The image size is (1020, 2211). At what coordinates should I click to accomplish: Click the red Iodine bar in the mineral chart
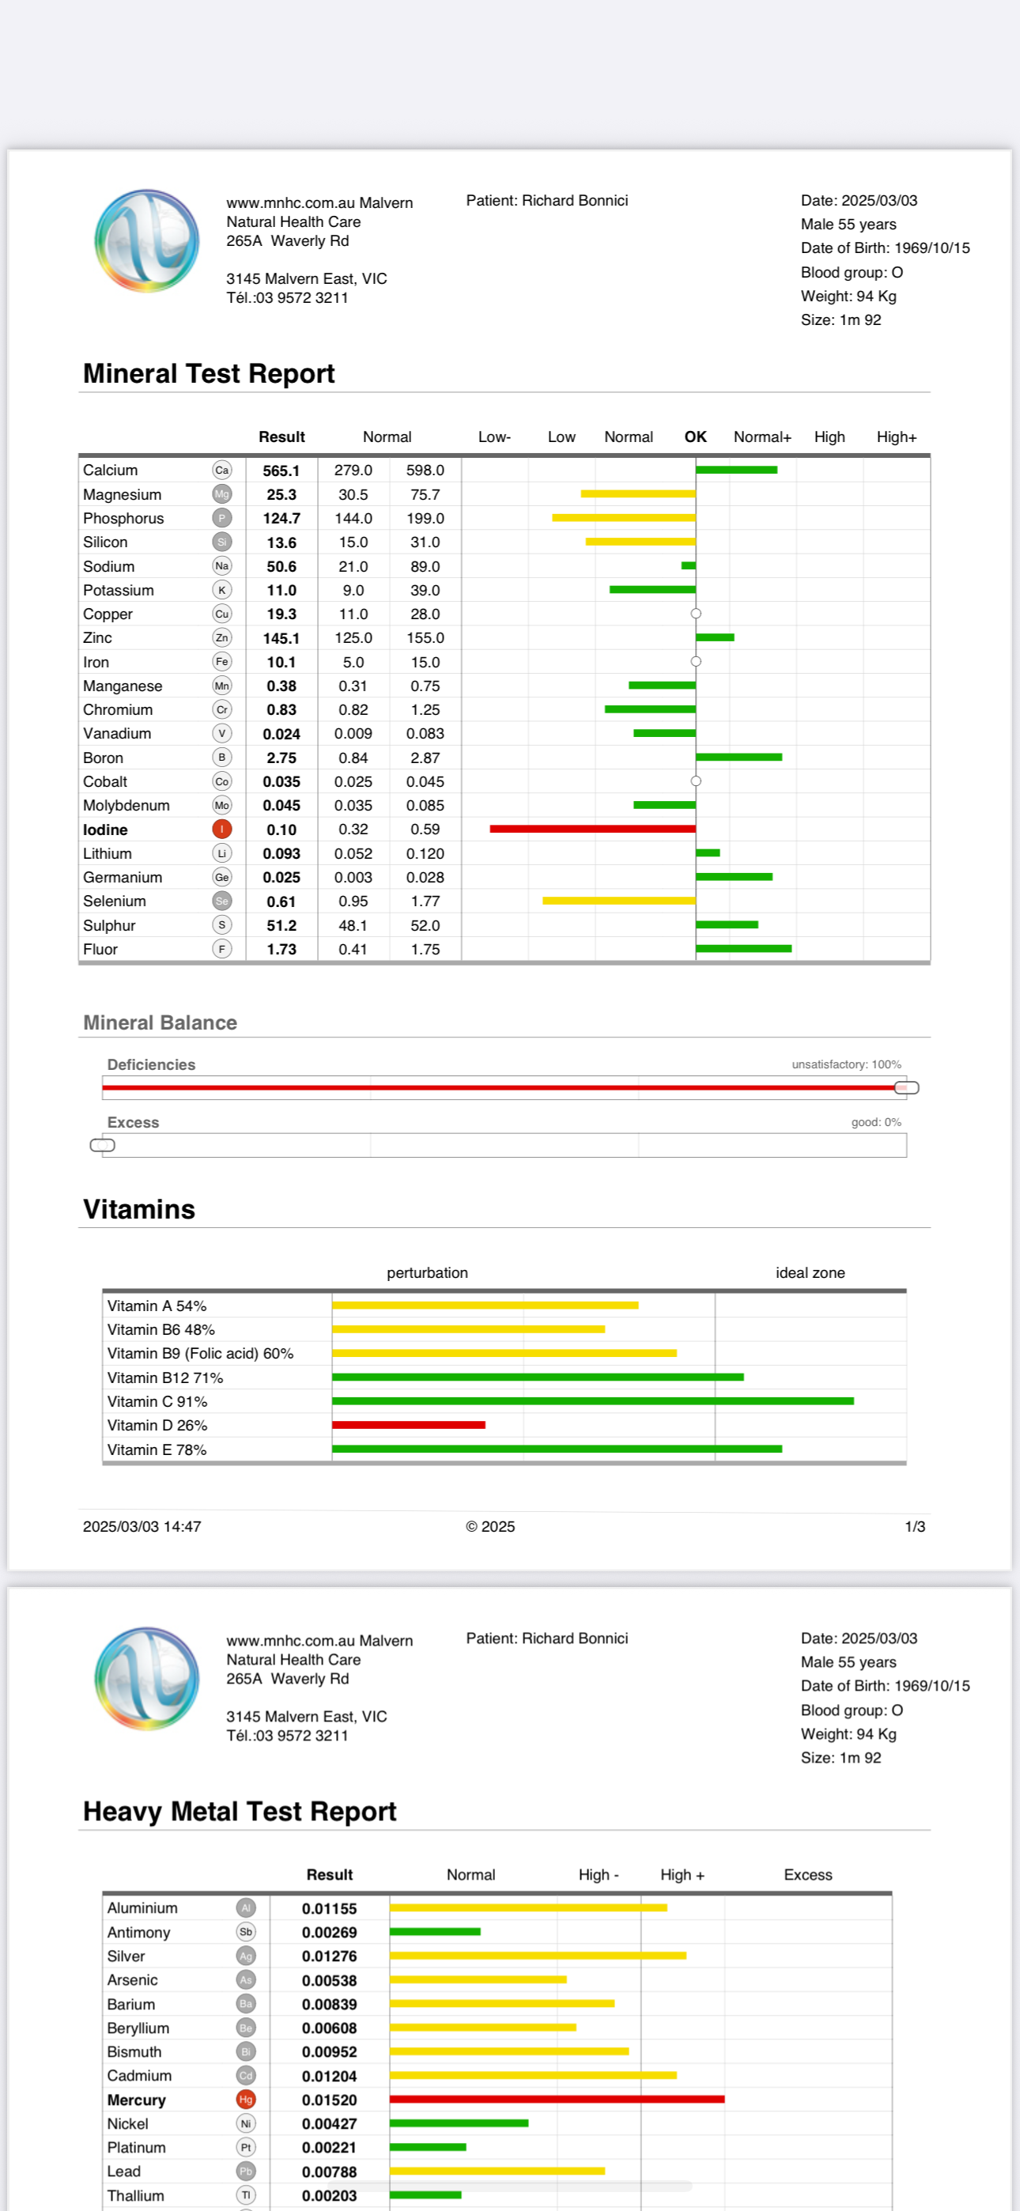tap(592, 829)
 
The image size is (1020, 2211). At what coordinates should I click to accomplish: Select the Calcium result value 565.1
tap(281, 471)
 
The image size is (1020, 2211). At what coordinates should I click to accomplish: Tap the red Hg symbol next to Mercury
tap(247, 2100)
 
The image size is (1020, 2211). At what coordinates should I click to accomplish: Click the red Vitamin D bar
tap(409, 1425)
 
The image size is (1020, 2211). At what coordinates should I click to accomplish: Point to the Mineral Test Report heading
tap(209, 373)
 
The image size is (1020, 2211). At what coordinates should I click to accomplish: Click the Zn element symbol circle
tap(221, 637)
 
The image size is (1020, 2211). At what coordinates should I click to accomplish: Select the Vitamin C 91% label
tap(157, 1401)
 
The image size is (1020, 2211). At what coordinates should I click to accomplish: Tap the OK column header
tap(696, 437)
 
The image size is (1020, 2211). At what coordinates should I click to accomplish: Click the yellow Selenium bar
tap(618, 901)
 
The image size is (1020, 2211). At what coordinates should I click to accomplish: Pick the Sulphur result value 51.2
tap(281, 925)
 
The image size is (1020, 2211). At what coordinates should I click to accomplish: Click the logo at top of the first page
tap(147, 241)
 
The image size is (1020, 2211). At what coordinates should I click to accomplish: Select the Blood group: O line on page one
tap(852, 272)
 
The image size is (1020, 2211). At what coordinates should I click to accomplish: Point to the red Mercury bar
tap(557, 2100)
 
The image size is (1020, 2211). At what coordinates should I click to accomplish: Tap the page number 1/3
tap(914, 1526)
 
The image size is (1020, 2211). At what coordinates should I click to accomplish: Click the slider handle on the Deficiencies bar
tap(907, 1087)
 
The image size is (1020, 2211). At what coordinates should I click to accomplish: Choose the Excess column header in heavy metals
tap(808, 1875)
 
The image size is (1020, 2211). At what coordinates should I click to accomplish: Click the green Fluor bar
tap(743, 948)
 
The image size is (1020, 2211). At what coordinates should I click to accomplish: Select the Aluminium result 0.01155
tap(329, 1908)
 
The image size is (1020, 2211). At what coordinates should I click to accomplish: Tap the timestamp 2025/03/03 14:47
tap(142, 1526)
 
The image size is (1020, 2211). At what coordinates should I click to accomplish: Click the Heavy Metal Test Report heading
tap(240, 1811)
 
